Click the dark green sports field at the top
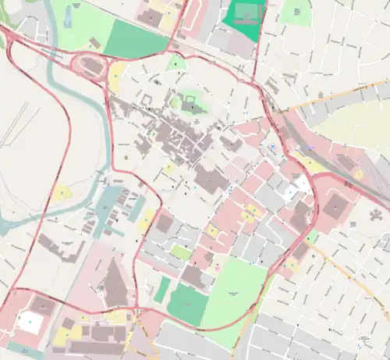(244, 16)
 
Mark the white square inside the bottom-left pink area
(29, 321)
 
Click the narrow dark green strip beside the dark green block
(162, 290)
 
